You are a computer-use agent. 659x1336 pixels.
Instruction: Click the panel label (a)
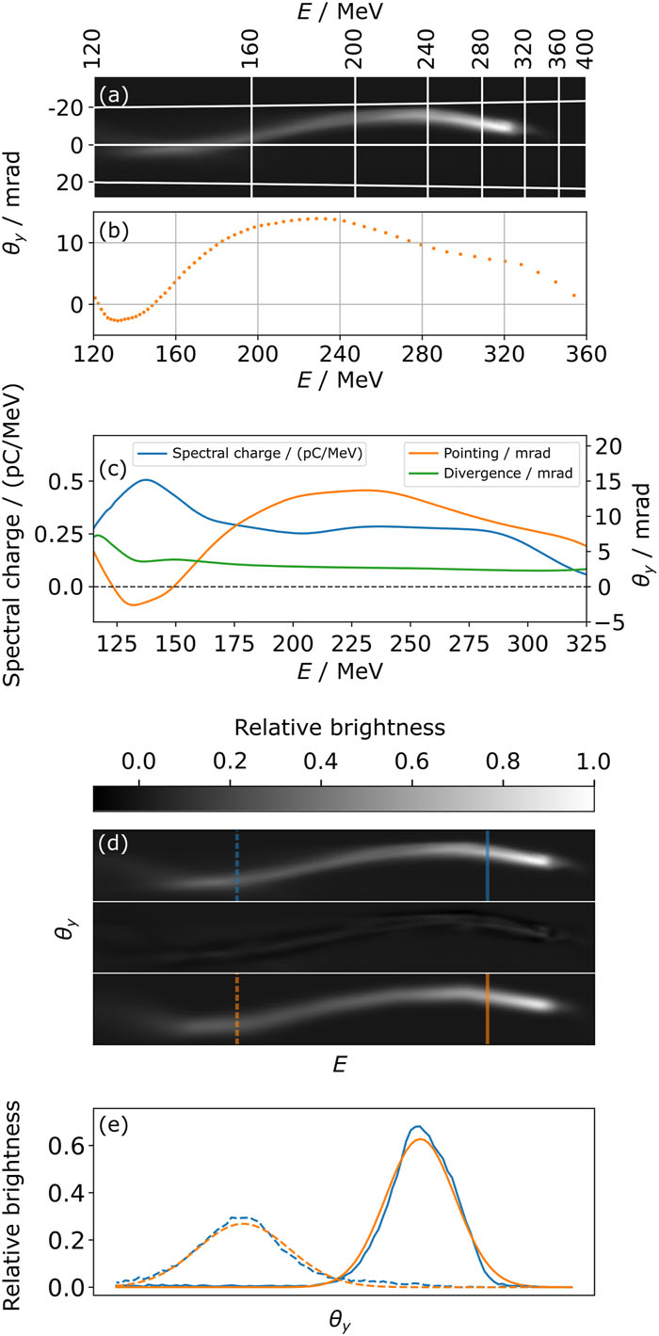113,95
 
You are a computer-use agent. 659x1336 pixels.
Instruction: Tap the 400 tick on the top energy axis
587,49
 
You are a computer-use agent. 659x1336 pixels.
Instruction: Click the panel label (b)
113,231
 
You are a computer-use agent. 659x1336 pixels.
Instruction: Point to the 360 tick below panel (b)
587,354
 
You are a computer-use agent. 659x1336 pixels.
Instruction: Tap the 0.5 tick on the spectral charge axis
66,481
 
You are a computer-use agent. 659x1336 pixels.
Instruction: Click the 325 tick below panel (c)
587,644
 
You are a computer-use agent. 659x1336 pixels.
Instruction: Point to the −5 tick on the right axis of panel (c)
608,622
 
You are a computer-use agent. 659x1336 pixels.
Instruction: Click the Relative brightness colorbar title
339,728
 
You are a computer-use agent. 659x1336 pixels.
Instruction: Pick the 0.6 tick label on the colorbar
412,762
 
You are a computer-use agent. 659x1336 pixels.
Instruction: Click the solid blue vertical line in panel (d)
488,865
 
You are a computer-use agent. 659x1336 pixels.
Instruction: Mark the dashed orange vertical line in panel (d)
237,1008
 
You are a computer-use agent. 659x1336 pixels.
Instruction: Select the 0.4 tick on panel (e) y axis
66,1193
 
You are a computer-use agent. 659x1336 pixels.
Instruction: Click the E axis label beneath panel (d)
339,1065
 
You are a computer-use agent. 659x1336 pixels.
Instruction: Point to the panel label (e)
113,1125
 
